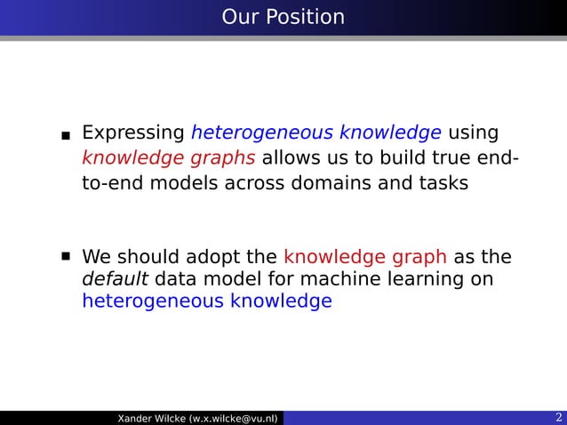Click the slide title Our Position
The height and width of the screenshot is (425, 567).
(283, 17)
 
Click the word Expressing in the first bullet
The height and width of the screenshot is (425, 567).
(132, 134)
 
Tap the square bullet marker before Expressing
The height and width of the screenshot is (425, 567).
(66, 137)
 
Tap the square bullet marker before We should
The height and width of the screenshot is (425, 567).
(66, 256)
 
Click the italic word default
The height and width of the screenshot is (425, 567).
(115, 280)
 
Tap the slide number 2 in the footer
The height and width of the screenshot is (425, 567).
(557, 418)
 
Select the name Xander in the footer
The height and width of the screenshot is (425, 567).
(134, 418)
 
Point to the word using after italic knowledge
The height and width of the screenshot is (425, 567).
(473, 134)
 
